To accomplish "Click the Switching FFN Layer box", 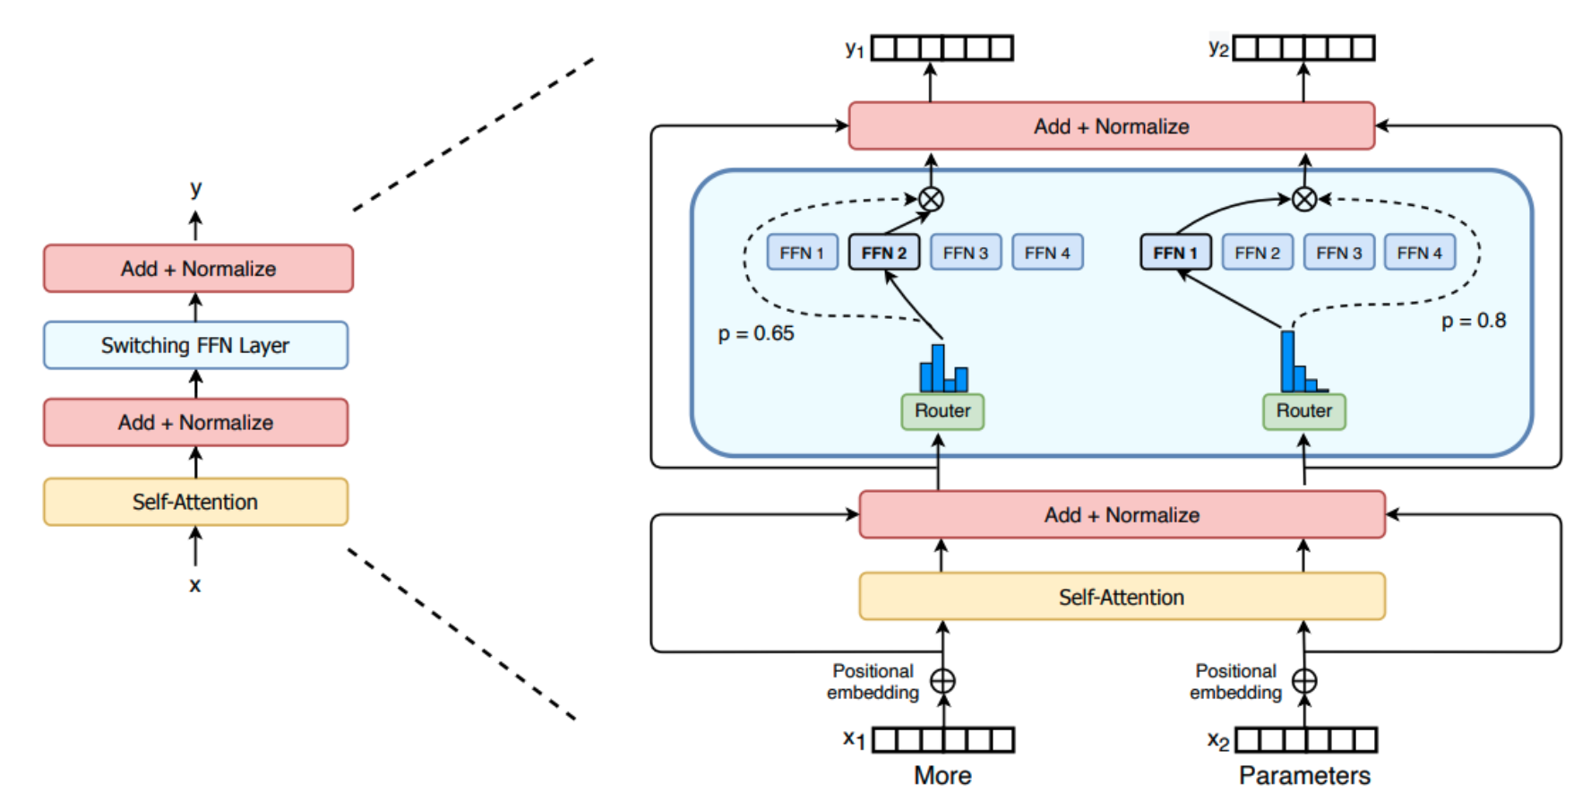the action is click(195, 345).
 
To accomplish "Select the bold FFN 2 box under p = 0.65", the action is click(883, 253).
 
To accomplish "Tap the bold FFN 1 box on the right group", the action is click(1175, 253).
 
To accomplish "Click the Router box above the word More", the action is click(942, 411).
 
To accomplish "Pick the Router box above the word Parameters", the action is click(1304, 411).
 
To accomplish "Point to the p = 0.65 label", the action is click(756, 334).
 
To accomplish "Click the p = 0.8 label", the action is click(1474, 321).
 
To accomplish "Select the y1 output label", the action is click(855, 49).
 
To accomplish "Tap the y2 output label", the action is click(1218, 48).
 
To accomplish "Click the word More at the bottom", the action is click(942, 775).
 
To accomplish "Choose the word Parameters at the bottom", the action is click(1304, 775).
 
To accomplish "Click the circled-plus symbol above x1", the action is click(942, 681).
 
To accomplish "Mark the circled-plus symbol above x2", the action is click(1304, 681).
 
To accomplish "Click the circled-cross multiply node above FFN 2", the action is click(931, 199).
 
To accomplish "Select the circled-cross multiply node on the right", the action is click(1304, 199).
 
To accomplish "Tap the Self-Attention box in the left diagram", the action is click(195, 502).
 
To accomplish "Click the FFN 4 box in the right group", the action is click(1420, 253).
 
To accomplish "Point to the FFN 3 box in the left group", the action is click(966, 253).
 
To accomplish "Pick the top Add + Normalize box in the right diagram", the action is click(1112, 126).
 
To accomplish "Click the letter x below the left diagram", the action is click(195, 586).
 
